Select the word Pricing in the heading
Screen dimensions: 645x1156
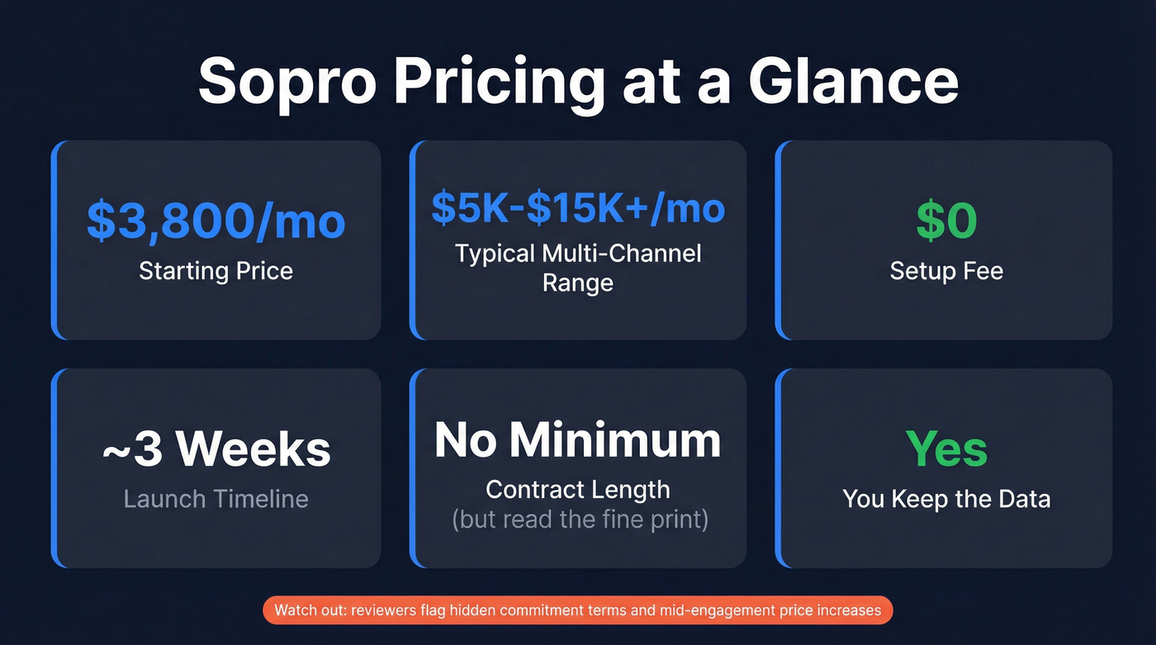tap(498, 81)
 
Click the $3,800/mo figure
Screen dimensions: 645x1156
tap(216, 221)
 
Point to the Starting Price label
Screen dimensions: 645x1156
tap(216, 271)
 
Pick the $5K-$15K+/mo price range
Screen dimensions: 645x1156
tap(578, 209)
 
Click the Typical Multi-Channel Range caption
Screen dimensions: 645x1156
tap(578, 268)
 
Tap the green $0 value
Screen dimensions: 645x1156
tap(946, 221)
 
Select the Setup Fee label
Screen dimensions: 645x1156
tap(946, 271)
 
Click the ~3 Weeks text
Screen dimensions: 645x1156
tap(216, 448)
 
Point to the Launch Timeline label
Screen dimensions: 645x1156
tap(216, 499)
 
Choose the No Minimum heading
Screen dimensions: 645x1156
tap(578, 440)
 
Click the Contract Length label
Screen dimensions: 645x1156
tap(578, 490)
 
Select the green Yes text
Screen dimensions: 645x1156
tap(946, 448)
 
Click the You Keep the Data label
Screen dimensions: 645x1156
tap(946, 499)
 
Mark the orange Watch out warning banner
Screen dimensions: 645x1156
tap(578, 611)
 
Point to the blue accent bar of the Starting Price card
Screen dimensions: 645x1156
tap(54, 240)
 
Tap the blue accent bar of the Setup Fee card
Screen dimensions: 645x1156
tap(779, 240)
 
